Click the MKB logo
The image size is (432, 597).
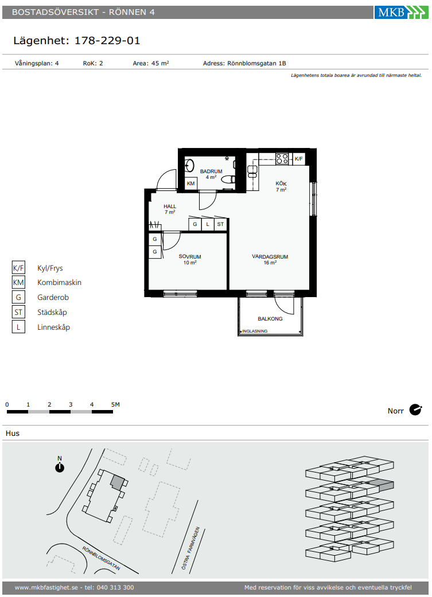point(401,12)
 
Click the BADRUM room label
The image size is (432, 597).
point(211,171)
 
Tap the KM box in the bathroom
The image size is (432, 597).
point(191,184)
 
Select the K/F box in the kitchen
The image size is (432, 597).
point(299,159)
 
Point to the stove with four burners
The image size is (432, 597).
point(282,158)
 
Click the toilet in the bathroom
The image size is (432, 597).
point(227,180)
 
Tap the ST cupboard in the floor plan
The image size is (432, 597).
point(220,224)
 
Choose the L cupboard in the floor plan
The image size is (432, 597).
point(208,224)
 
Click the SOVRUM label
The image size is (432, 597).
point(190,256)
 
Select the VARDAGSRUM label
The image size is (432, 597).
point(270,256)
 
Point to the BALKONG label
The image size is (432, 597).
point(270,319)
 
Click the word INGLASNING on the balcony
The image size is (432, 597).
point(255,331)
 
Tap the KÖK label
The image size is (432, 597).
point(281,184)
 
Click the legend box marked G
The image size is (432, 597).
point(18,297)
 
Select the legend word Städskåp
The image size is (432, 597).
point(52,312)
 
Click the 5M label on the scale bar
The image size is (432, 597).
point(115,404)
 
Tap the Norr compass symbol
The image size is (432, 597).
point(415,410)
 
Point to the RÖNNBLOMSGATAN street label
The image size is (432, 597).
point(101,559)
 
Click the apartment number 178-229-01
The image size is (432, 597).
point(107,40)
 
